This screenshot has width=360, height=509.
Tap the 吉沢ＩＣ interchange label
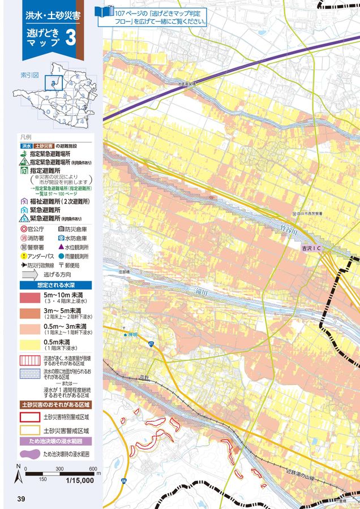tap(311, 248)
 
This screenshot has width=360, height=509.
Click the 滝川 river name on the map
tap(200, 292)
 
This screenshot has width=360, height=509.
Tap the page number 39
tap(22, 498)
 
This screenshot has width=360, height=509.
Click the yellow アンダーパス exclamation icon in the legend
tap(24, 256)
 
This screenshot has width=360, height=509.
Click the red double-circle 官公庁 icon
tap(24, 229)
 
